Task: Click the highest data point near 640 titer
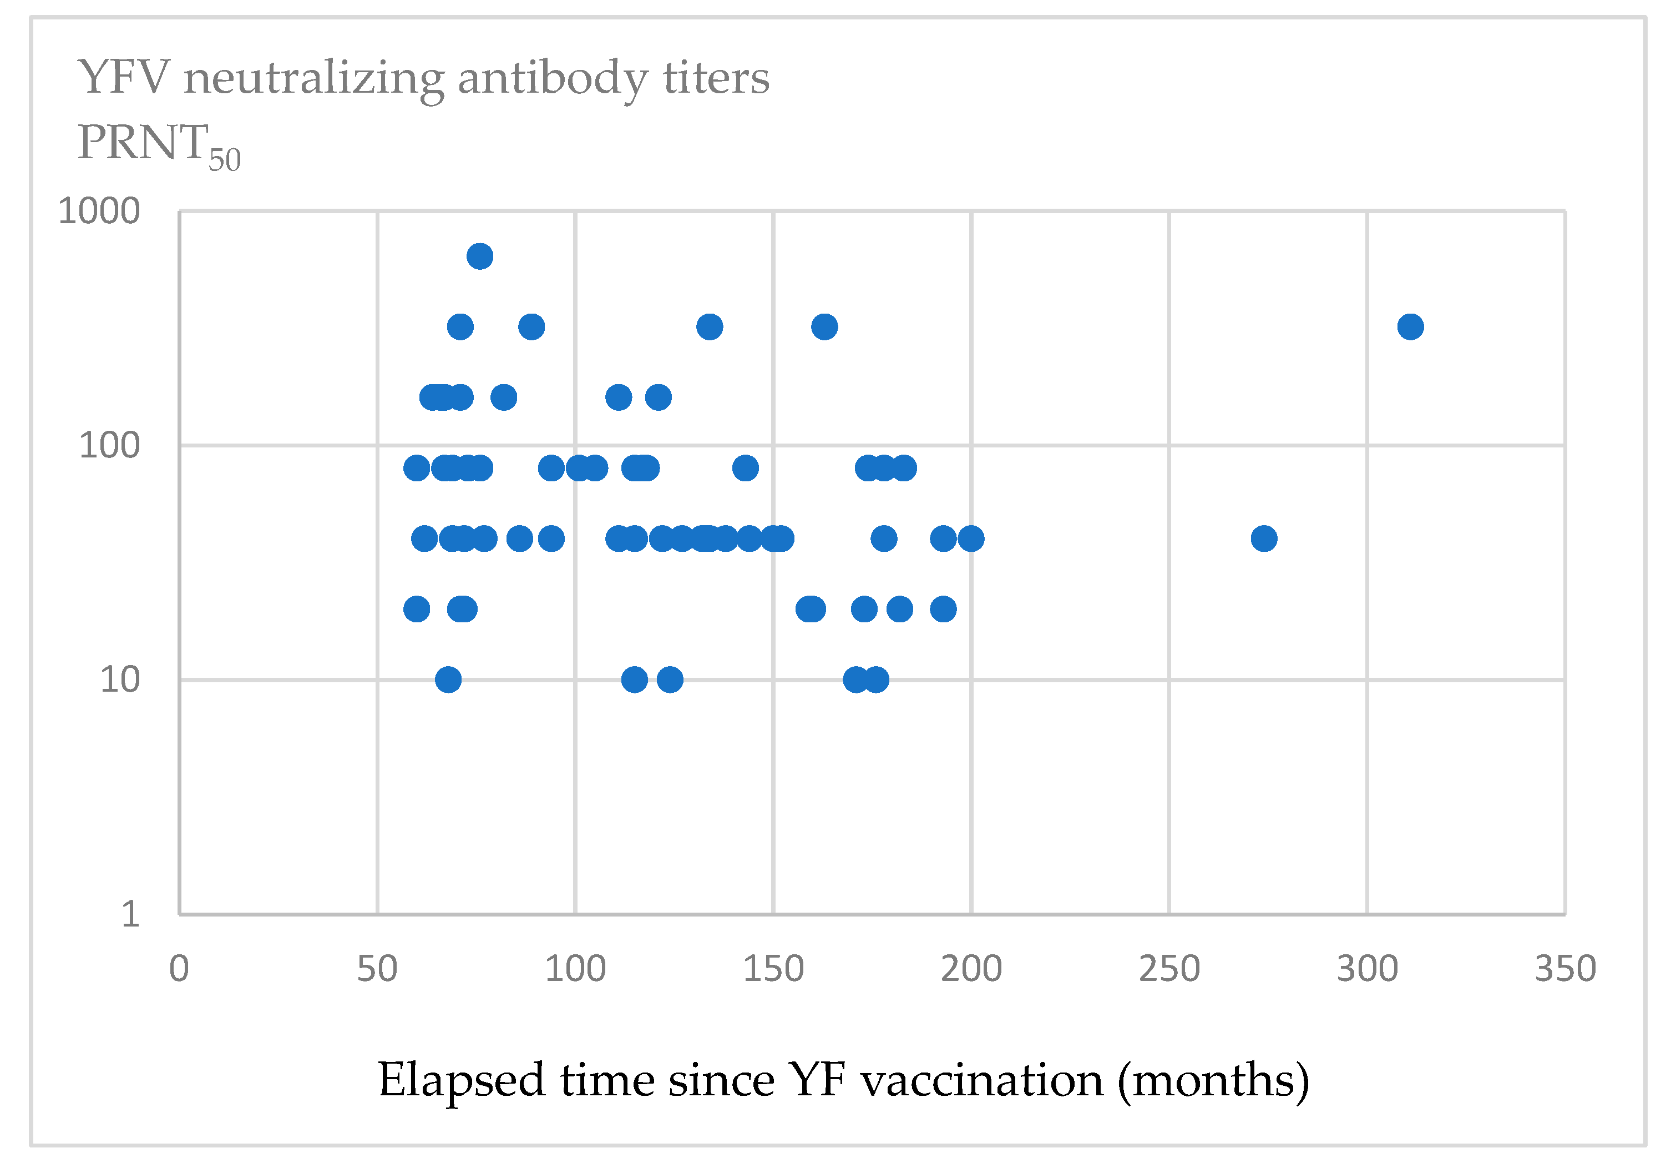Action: coord(480,256)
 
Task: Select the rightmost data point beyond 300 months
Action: coord(1410,326)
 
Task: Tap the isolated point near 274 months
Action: coord(1263,538)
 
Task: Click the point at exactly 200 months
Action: coord(971,538)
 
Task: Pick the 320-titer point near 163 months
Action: coord(824,326)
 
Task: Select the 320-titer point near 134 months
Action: coord(709,326)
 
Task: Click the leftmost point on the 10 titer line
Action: coord(448,680)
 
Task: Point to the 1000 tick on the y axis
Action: coord(99,212)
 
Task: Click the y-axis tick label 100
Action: coord(109,446)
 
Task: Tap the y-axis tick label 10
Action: coord(119,680)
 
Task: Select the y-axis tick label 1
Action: coord(130,914)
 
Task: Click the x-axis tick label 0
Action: coord(179,969)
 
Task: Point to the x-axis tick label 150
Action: coord(773,969)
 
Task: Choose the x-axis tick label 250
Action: coord(1169,969)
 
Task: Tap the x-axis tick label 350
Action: coord(1565,969)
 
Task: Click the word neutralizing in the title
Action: coord(313,78)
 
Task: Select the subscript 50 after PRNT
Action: coord(224,160)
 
